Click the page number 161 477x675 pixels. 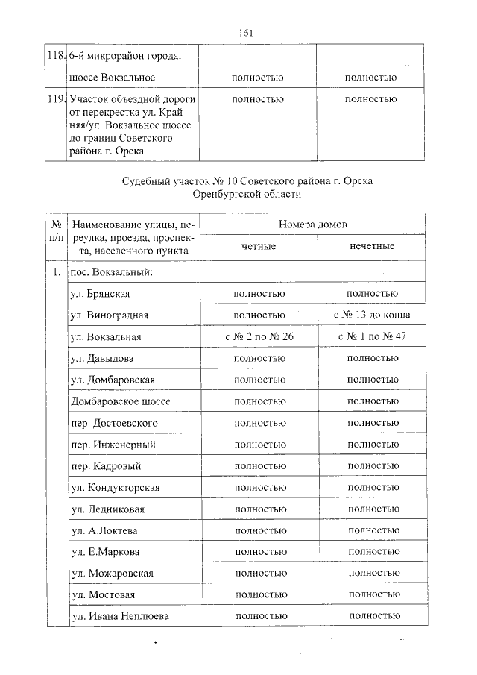click(x=247, y=33)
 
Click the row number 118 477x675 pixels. click(x=56, y=56)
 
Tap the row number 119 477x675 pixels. click(x=56, y=99)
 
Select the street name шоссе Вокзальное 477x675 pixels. click(x=112, y=78)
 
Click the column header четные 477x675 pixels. click(x=259, y=246)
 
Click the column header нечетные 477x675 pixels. click(x=372, y=246)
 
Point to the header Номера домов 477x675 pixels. click(x=314, y=225)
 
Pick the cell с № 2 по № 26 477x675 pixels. click(x=259, y=336)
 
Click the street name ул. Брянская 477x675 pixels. click(x=101, y=293)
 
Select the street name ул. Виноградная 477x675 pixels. click(x=109, y=315)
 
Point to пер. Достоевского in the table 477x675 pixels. click(x=114, y=423)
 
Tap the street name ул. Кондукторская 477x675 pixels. click(x=115, y=487)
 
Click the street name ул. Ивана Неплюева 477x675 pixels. click(x=119, y=616)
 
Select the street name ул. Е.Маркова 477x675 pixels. click(x=105, y=551)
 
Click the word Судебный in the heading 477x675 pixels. click(x=146, y=182)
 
